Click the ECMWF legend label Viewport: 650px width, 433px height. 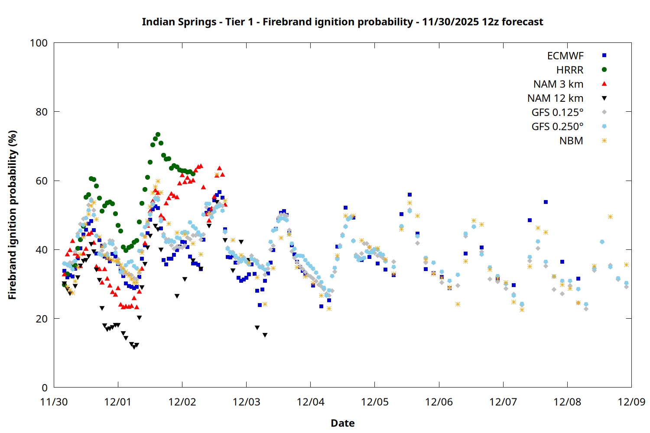point(565,56)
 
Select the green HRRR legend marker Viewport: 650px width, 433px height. point(604,70)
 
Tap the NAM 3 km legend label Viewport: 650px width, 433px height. point(558,84)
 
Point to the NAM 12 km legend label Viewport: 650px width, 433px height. point(555,98)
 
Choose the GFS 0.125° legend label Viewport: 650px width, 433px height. point(557,113)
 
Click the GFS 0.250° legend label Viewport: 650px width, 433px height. point(557,126)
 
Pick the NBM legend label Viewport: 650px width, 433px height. point(571,141)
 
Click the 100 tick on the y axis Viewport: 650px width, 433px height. point(39,43)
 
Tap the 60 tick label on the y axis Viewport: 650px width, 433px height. point(42,181)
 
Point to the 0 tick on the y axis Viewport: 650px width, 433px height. point(45,388)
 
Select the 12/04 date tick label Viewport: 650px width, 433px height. point(310,402)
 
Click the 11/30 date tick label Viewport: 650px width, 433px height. point(54,402)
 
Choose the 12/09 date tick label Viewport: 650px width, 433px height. point(631,402)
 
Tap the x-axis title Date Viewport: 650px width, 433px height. point(342,423)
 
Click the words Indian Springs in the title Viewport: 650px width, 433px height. point(179,22)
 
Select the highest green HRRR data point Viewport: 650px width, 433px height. point(158,135)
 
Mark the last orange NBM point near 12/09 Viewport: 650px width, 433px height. point(626,265)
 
